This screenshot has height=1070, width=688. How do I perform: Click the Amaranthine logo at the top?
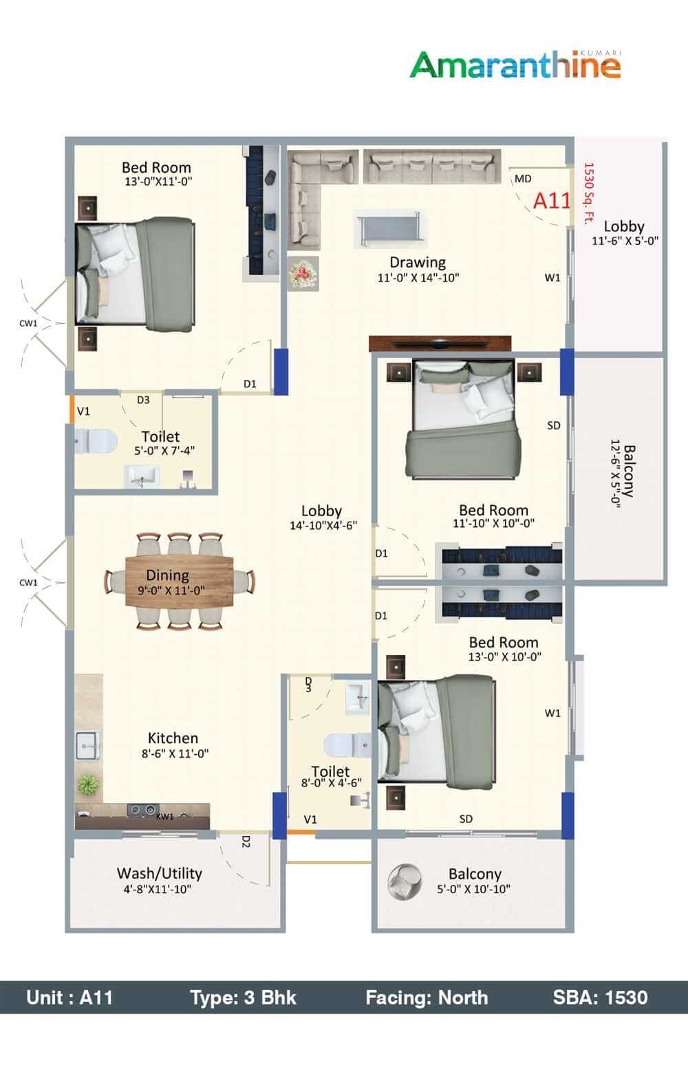tap(515, 65)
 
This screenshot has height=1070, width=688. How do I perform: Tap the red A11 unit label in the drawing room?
tap(552, 200)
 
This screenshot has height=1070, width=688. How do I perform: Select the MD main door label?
tap(523, 179)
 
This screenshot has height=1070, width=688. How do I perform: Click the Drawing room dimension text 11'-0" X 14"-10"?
tap(418, 278)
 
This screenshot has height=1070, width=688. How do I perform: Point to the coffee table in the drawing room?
tap(389, 230)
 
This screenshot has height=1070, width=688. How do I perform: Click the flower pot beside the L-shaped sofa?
tap(303, 273)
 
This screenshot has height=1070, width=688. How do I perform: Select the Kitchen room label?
tap(173, 738)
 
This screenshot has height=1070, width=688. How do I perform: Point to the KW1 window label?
tap(164, 817)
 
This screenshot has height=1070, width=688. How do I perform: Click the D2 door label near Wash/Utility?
tap(246, 842)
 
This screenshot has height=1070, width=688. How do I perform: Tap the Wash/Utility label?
tap(159, 873)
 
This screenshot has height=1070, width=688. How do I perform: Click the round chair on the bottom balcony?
tap(402, 881)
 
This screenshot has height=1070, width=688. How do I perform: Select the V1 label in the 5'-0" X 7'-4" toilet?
tap(83, 411)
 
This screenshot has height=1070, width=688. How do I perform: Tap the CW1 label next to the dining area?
tap(28, 582)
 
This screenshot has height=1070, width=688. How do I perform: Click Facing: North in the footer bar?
tap(427, 998)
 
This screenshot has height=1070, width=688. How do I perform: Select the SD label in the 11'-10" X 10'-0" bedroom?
tap(553, 426)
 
